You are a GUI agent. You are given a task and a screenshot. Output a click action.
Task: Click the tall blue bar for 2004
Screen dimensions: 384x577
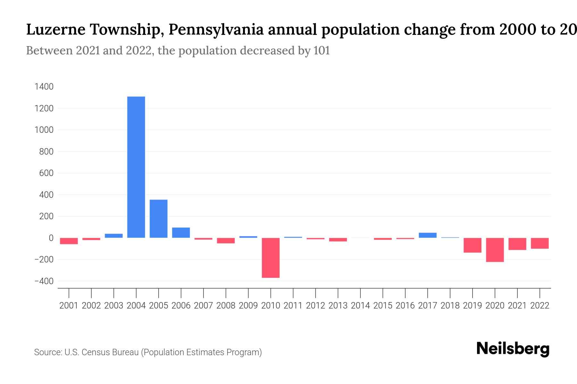pyautogui.click(x=136, y=167)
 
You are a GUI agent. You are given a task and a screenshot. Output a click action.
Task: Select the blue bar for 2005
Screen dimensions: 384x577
pyautogui.click(x=158, y=219)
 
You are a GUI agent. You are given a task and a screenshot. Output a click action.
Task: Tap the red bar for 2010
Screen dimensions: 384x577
pyautogui.click(x=271, y=258)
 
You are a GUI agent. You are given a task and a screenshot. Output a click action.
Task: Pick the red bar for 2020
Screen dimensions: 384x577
pyautogui.click(x=495, y=250)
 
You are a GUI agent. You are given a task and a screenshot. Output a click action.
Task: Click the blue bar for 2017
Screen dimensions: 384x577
pyautogui.click(x=427, y=235)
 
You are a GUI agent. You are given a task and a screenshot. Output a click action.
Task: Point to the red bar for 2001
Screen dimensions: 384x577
pyautogui.click(x=69, y=241)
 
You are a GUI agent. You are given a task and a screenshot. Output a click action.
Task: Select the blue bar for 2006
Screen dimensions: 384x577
pyautogui.click(x=181, y=233)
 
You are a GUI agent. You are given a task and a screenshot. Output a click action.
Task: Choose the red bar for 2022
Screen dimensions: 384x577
pyautogui.click(x=539, y=243)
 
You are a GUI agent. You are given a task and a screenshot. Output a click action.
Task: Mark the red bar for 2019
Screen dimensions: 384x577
pyautogui.click(x=472, y=245)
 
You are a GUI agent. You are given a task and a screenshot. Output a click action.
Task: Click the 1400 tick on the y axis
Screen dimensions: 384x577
pyautogui.click(x=44, y=87)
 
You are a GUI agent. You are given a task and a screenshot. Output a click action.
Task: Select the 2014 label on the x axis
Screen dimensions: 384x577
pyautogui.click(x=360, y=306)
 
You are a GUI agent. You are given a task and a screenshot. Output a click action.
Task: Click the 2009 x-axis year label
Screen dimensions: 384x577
pyautogui.click(x=248, y=306)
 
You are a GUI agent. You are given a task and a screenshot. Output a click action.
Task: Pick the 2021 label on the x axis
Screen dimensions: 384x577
pyautogui.click(x=517, y=306)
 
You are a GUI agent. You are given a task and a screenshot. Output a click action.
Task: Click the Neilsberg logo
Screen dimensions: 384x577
pyautogui.click(x=513, y=348)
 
